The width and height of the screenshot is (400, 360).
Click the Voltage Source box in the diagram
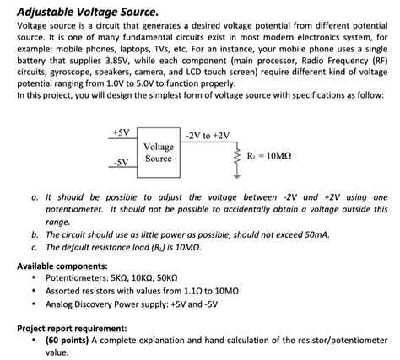coord(158,153)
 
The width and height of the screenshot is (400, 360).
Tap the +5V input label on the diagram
coord(120,132)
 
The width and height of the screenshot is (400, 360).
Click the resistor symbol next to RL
coord(239,157)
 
